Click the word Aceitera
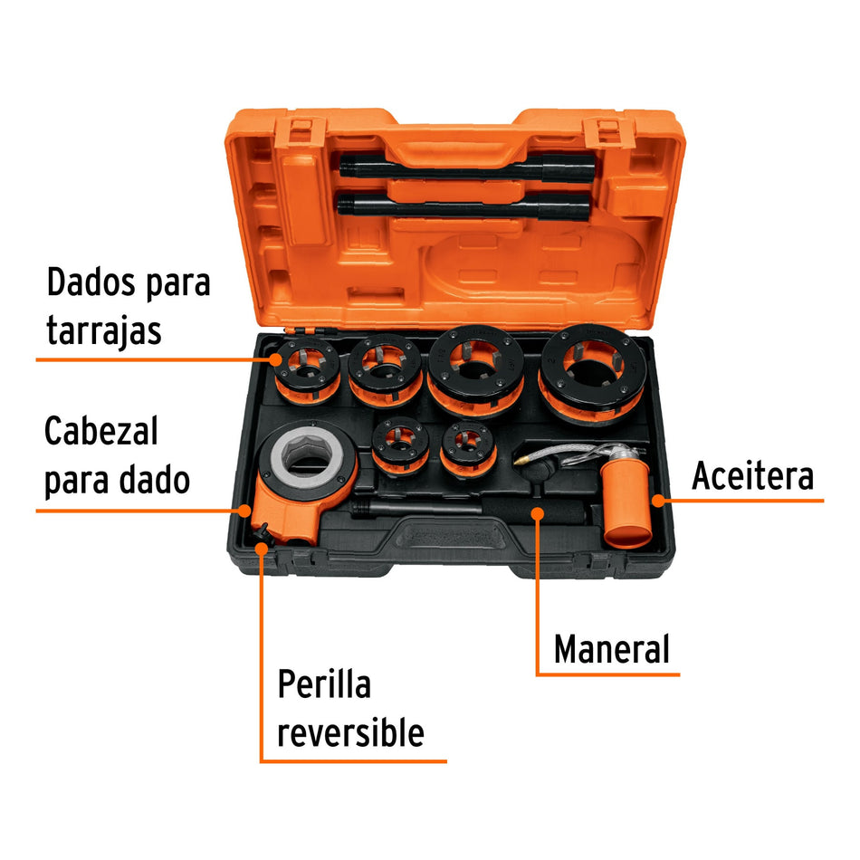pyautogui.click(x=752, y=475)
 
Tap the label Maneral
pyautogui.click(x=612, y=649)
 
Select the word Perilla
pyautogui.click(x=324, y=684)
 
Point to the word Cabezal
pyautogui.click(x=100, y=431)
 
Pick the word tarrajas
pyautogui.click(x=103, y=330)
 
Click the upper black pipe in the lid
pyautogui.click(x=467, y=169)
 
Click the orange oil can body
pyautogui.click(x=627, y=507)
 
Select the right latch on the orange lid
pyautogui.click(x=605, y=133)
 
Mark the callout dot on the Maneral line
pyautogui.click(x=538, y=513)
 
